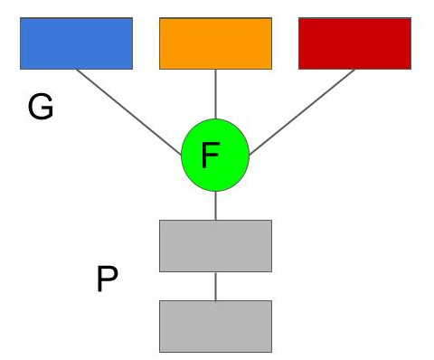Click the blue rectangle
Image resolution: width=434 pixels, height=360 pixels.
pyautogui.click(x=76, y=43)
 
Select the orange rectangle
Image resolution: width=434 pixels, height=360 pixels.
pyautogui.click(x=215, y=43)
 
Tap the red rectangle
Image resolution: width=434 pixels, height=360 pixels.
pyautogui.click(x=354, y=43)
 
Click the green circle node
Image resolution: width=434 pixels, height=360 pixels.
pyautogui.click(x=215, y=156)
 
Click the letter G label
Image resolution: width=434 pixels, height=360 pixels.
pyautogui.click(x=41, y=108)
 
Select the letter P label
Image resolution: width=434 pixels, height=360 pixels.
pyautogui.click(x=107, y=280)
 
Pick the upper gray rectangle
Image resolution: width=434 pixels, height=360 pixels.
pyautogui.click(x=215, y=245)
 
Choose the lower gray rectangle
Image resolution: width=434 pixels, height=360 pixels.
pyautogui.click(x=215, y=326)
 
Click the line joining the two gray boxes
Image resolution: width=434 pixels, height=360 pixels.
pyautogui.click(x=215, y=286)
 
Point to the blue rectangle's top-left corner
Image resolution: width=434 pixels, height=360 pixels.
pyautogui.click(x=21, y=18)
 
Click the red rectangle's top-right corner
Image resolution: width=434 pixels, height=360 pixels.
pyautogui.click(x=410, y=18)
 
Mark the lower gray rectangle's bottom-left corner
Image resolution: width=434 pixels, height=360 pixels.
pyautogui.click(x=160, y=351)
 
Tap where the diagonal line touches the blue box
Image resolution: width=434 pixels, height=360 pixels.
pyautogui.click(x=78, y=70)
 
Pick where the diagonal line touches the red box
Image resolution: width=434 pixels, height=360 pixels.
pyautogui.click(x=354, y=70)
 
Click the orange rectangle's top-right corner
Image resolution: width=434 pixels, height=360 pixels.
pyautogui.click(x=271, y=18)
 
